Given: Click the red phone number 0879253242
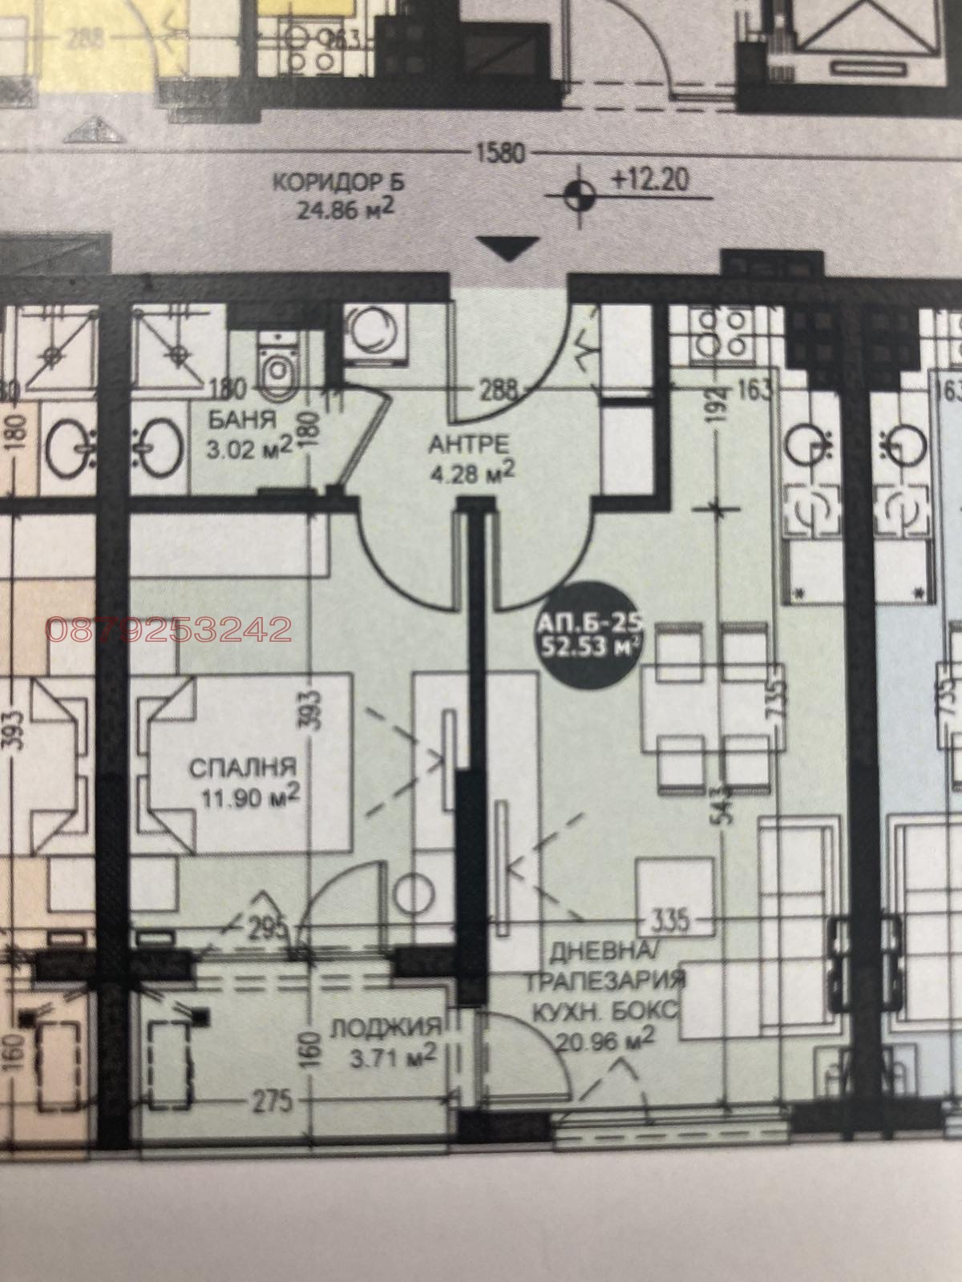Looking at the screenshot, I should click(x=169, y=630).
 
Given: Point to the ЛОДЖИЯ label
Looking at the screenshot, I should click(x=386, y=1026).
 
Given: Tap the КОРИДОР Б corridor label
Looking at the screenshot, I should click(x=339, y=183).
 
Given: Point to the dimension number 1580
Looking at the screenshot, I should click(x=500, y=152).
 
